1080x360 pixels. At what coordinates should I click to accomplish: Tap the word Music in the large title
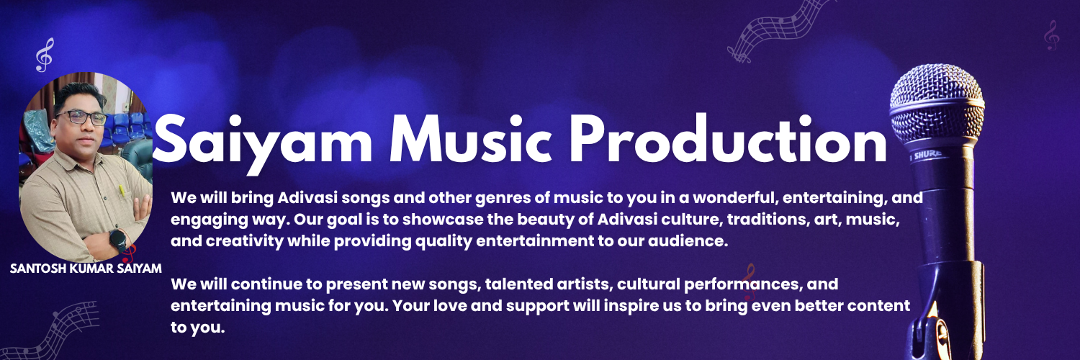click(470, 140)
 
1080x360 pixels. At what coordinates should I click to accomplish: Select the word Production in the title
click(728, 139)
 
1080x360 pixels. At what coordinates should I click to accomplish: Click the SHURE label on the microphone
click(926, 155)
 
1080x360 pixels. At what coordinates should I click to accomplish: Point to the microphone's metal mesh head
click(936, 104)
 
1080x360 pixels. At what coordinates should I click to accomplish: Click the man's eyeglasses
click(81, 117)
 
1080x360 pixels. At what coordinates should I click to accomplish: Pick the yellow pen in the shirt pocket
click(122, 192)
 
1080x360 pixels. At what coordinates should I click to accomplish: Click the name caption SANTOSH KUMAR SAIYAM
click(86, 269)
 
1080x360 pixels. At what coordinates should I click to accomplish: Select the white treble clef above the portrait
click(45, 55)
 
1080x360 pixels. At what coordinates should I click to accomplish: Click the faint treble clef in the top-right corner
click(1051, 35)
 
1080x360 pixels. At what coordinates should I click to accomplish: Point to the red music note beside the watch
click(129, 253)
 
